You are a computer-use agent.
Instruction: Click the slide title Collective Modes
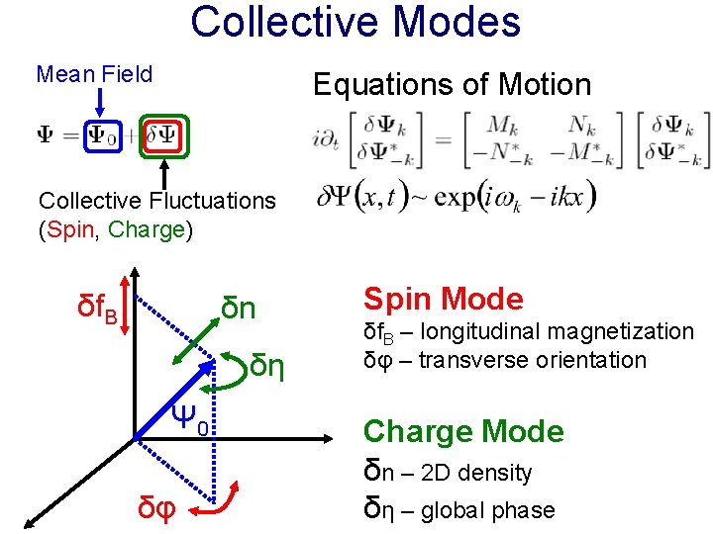356,22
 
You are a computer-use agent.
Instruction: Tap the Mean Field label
94,74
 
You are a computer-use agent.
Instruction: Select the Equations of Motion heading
452,85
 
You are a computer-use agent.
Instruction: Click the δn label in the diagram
239,308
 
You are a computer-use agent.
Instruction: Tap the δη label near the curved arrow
267,366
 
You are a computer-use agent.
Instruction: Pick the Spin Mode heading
443,299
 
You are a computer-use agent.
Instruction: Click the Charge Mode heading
463,431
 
